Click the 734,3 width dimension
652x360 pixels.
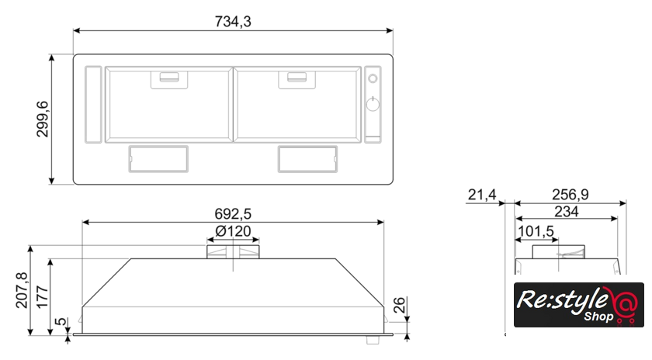(233, 21)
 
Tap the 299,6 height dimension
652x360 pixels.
(43, 119)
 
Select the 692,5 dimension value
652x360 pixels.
(233, 213)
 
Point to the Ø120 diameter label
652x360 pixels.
(234, 231)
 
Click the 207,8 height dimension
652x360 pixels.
(22, 290)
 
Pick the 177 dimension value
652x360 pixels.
(43, 297)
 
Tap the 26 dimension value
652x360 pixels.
(399, 305)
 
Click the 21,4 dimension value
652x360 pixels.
(482, 194)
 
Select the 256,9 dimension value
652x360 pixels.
(570, 194)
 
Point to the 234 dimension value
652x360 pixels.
(567, 212)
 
